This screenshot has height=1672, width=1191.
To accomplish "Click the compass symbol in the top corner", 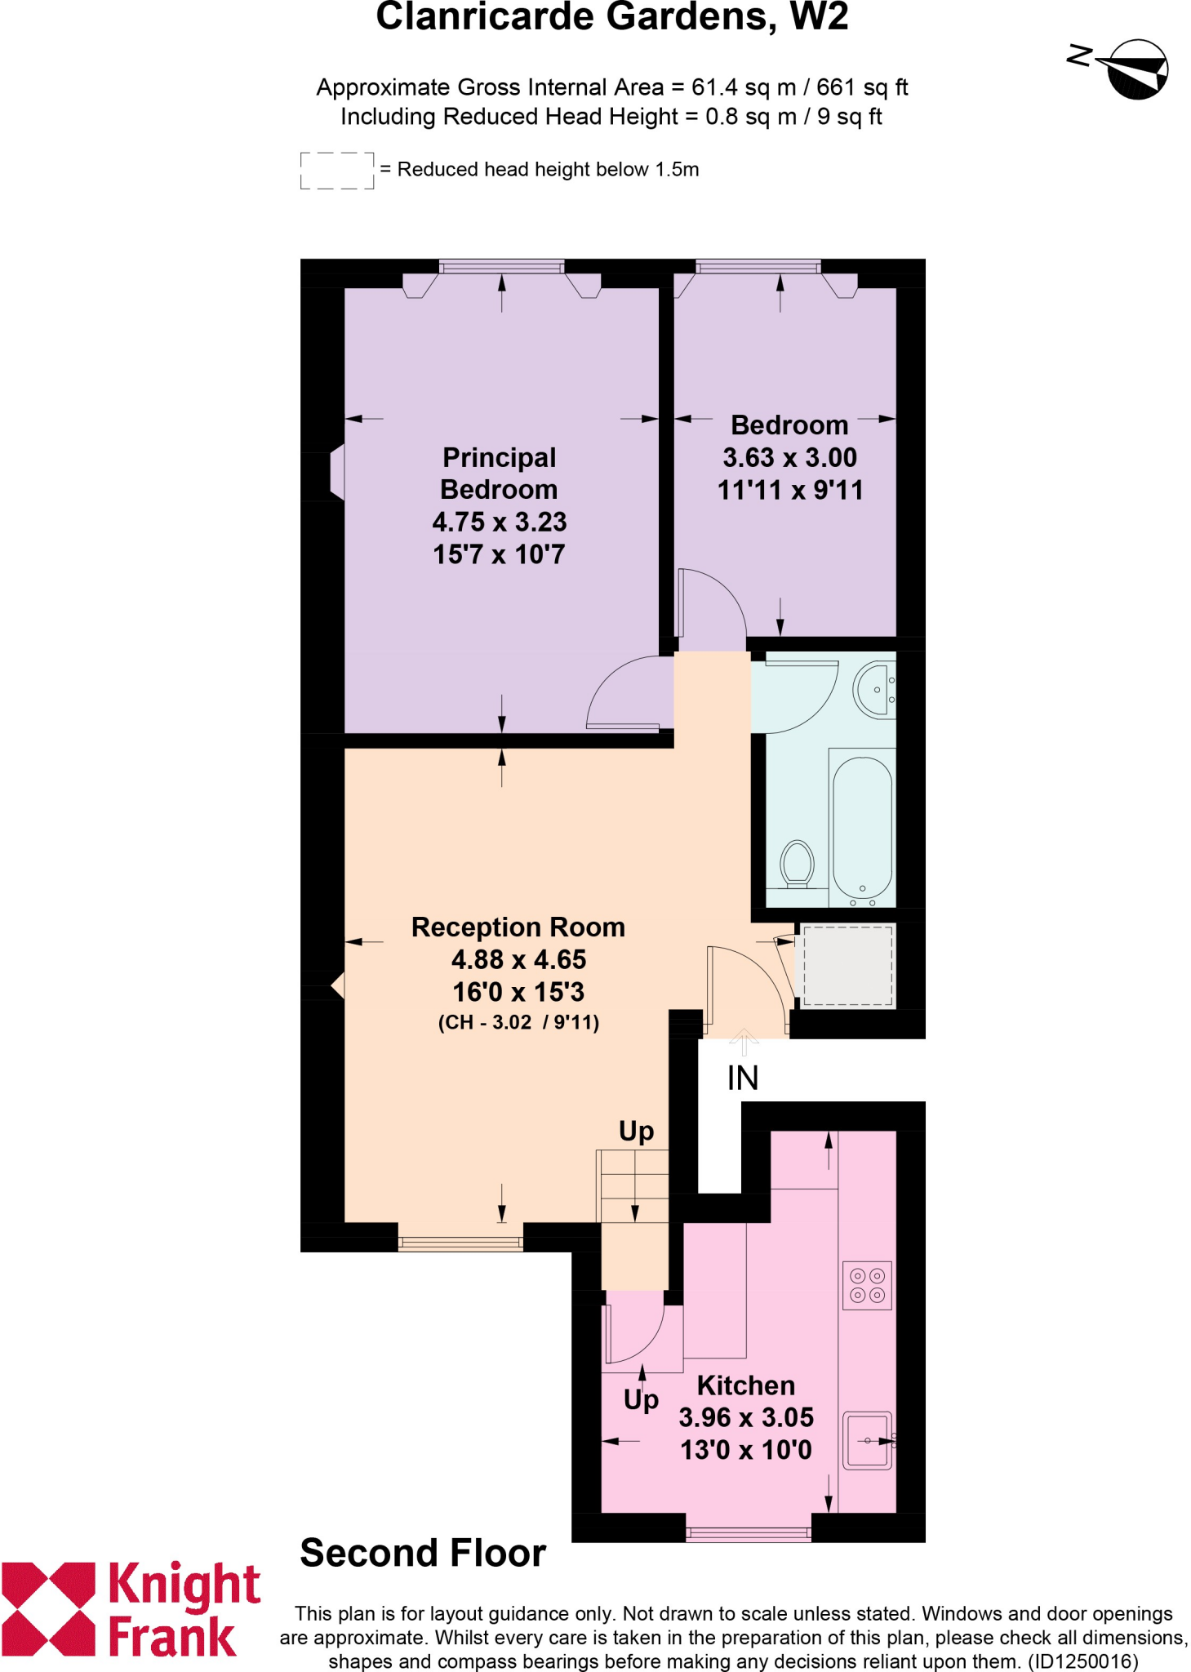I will tap(1135, 69).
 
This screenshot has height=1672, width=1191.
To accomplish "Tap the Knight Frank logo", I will tap(131, 1609).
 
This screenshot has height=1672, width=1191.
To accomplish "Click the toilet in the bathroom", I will tap(797, 863).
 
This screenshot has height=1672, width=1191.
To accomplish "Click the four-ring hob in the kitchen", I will tap(867, 1285).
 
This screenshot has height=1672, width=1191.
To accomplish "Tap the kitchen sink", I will tap(867, 1441).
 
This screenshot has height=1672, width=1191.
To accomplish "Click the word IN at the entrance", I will tap(743, 1078).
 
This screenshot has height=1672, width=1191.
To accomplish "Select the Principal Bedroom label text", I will tap(499, 474).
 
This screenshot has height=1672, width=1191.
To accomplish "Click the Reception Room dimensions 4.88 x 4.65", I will tap(518, 959).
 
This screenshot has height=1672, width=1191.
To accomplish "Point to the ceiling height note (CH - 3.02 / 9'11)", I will tap(518, 1022).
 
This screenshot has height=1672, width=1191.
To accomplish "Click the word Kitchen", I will tap(745, 1385).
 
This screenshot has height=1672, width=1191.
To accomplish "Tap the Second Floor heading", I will tap(423, 1553).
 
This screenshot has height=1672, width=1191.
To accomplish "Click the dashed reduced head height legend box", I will tap(336, 171).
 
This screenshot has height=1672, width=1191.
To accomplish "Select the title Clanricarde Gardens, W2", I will tap(611, 18).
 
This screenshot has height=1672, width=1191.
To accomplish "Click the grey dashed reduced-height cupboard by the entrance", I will tap(847, 965).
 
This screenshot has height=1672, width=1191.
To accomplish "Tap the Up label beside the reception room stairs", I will tap(636, 1132).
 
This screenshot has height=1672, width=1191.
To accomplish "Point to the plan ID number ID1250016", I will tap(1082, 1661).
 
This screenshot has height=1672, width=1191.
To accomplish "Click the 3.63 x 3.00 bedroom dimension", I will tap(789, 457).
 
